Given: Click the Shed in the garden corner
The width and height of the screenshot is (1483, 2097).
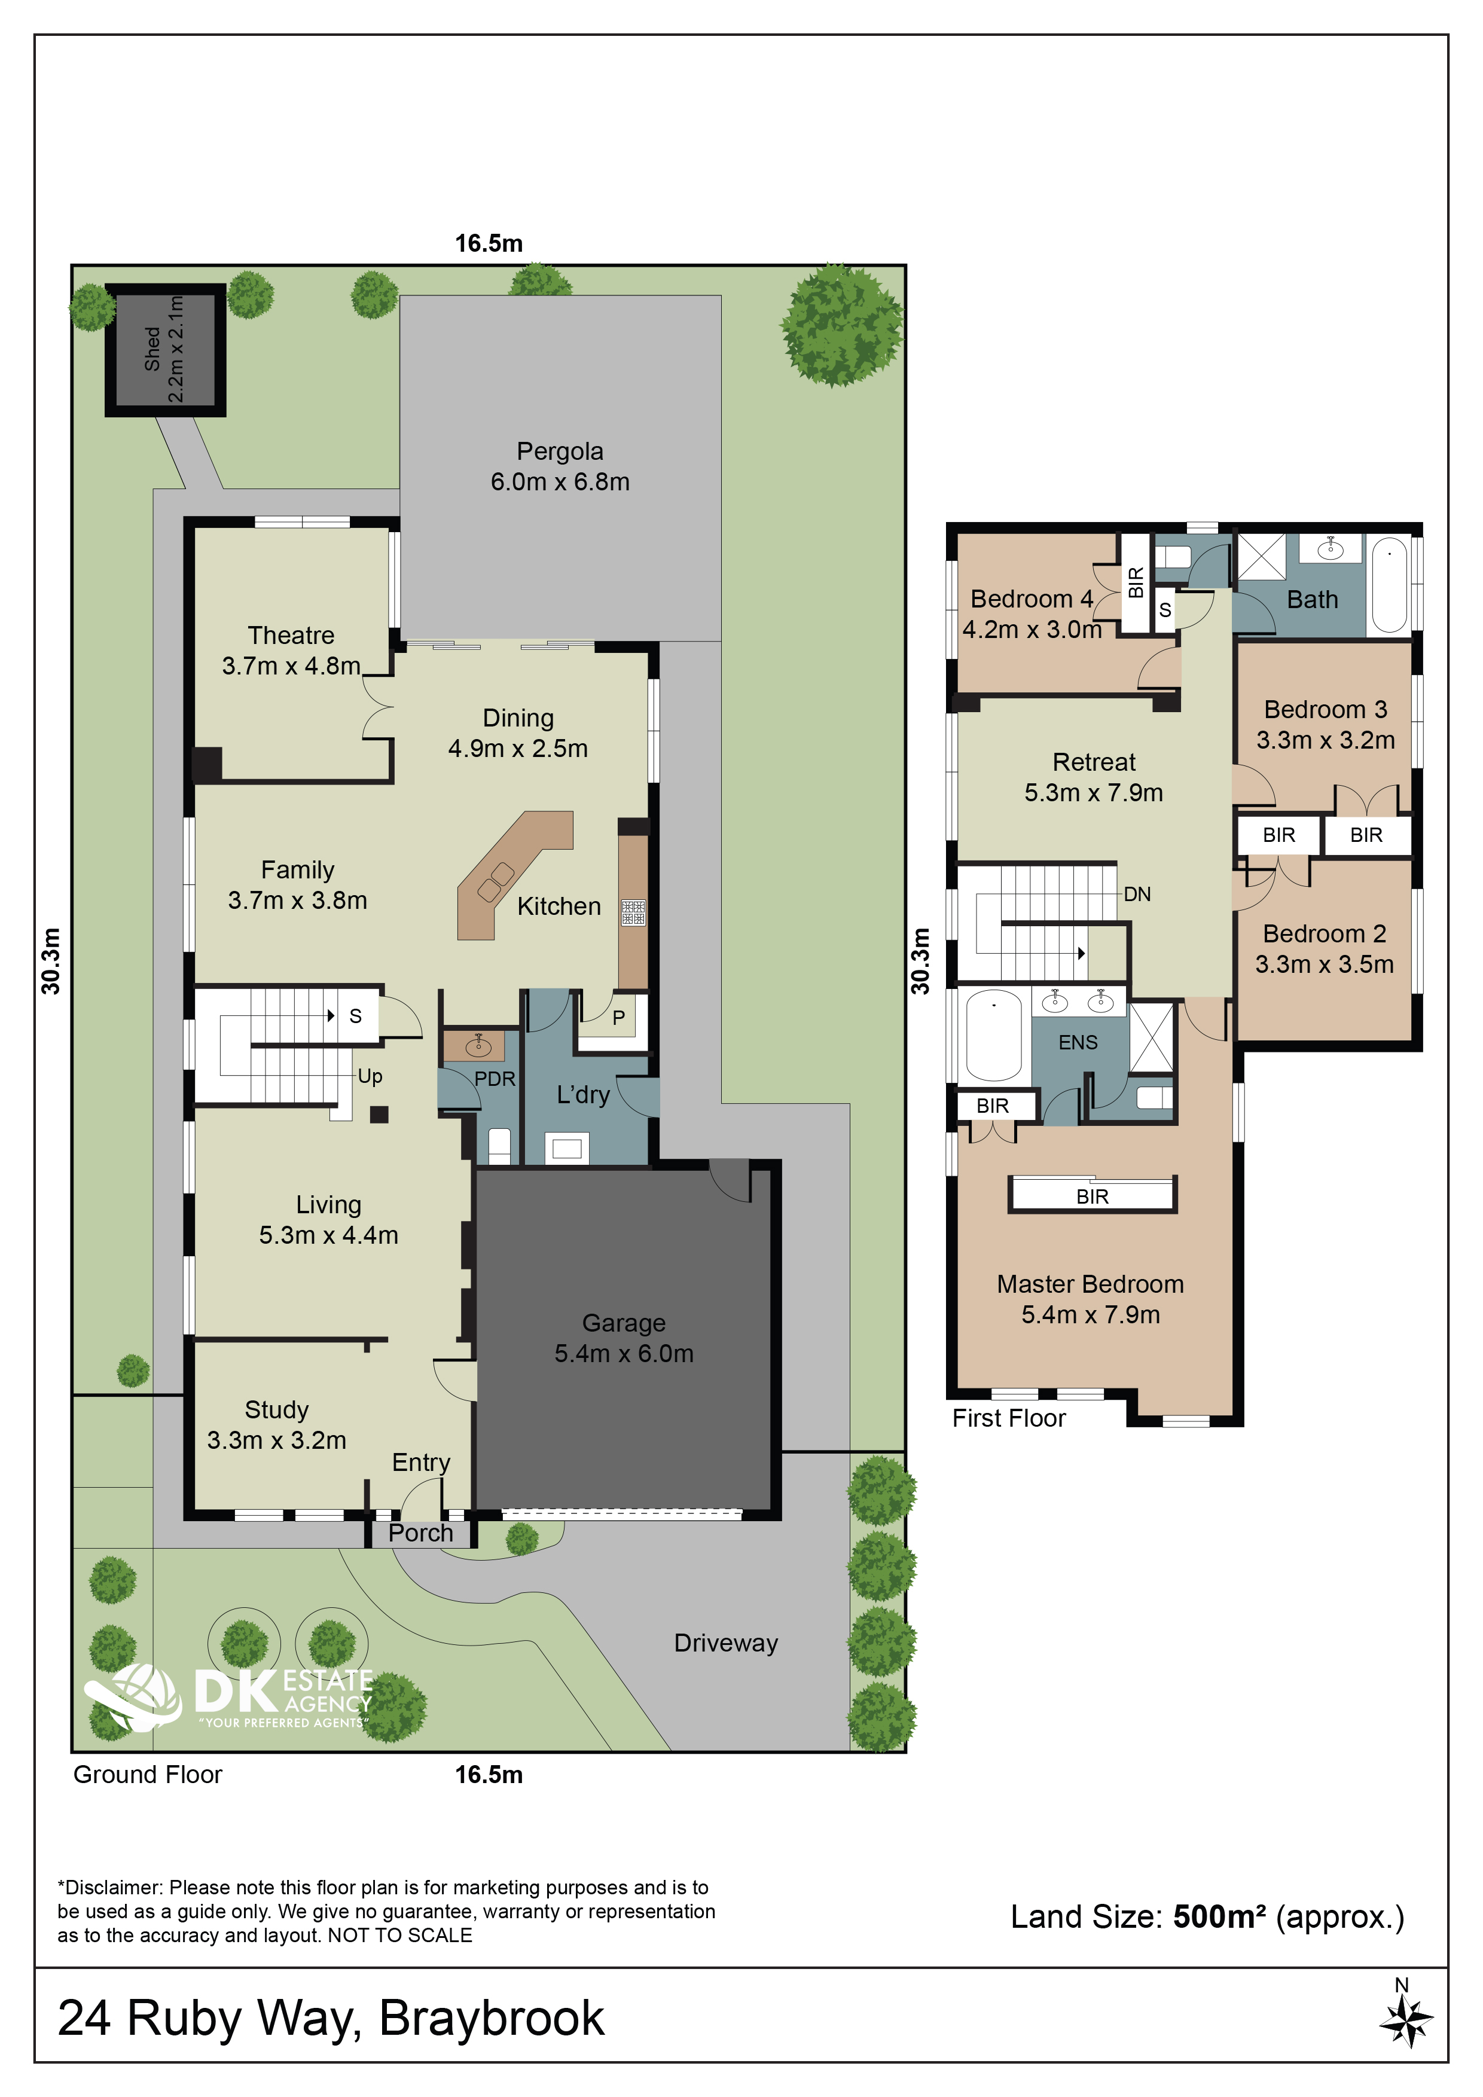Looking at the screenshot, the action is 165,350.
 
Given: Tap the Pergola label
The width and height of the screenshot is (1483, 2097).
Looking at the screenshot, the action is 560,451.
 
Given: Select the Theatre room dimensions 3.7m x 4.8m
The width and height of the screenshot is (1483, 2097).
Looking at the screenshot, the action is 291,666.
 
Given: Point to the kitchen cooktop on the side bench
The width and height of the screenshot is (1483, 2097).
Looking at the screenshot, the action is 634,912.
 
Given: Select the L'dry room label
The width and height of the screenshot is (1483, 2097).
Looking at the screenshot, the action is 582,1094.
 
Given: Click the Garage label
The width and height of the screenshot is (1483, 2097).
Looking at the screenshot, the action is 624,1323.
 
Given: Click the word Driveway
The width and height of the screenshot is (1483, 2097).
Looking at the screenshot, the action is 726,1643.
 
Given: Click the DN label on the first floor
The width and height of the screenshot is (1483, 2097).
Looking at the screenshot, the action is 1137,894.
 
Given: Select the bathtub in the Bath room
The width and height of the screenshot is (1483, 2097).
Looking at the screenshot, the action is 1389,585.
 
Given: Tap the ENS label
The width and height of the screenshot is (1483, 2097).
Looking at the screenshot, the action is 1078,1042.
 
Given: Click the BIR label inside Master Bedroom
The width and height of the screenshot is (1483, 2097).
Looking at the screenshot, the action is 1092,1196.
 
